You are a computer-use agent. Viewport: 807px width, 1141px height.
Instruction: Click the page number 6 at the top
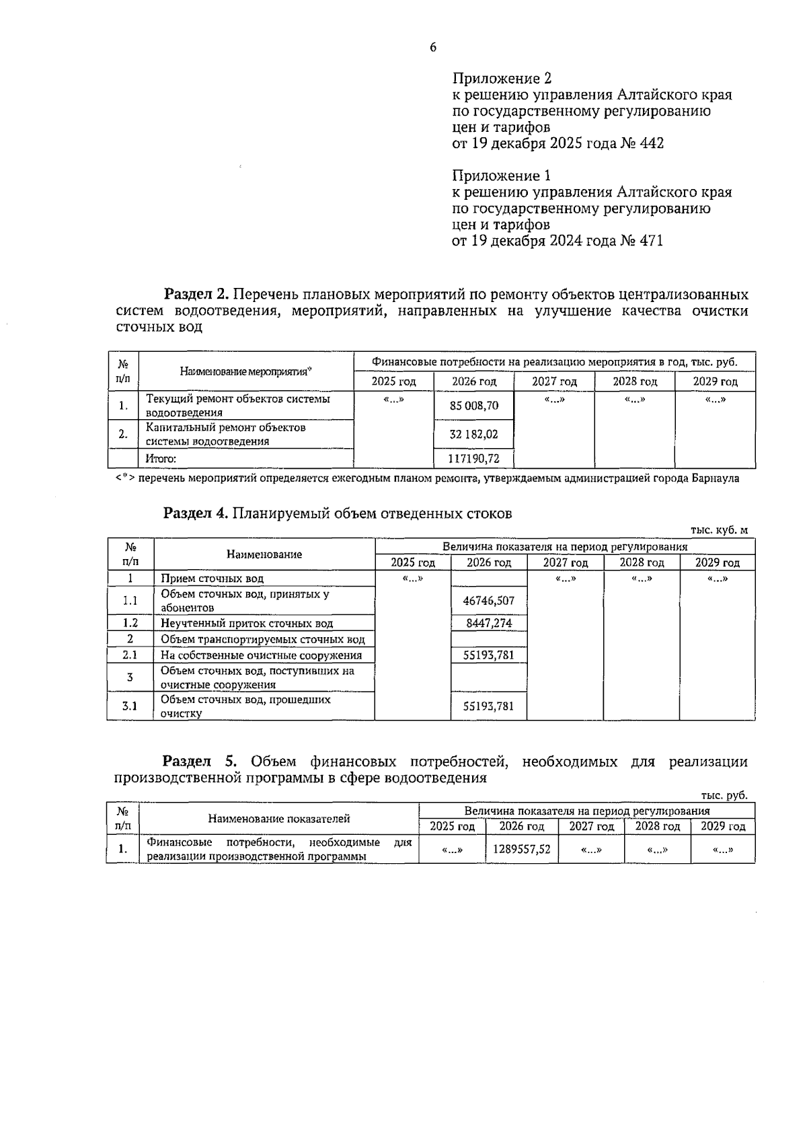pos(433,48)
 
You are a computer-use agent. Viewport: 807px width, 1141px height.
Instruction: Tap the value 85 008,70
pos(474,406)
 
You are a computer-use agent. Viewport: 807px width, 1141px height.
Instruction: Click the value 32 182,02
pos(474,435)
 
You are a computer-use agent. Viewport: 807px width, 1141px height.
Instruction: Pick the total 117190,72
pos(474,459)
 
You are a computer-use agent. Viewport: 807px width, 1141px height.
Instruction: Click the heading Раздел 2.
pos(197,295)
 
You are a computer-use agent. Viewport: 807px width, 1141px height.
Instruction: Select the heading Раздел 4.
pos(197,513)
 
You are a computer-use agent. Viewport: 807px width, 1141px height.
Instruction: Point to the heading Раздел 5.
pos(200,762)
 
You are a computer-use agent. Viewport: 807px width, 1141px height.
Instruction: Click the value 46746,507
pos(489,601)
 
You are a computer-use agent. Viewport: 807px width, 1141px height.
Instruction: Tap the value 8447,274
pos(489,623)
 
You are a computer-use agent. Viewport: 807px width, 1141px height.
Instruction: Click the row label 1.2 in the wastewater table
pos(130,623)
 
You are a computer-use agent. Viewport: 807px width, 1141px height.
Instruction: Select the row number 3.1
pos(130,706)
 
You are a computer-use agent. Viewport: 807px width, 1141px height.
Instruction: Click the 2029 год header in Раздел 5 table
pos(723,826)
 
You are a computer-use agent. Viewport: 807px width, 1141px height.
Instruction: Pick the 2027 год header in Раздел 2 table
pos(554,381)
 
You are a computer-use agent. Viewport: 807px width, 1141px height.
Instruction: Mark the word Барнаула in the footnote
pos(715,479)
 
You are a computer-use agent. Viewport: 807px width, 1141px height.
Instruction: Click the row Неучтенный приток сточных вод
pos(246,623)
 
